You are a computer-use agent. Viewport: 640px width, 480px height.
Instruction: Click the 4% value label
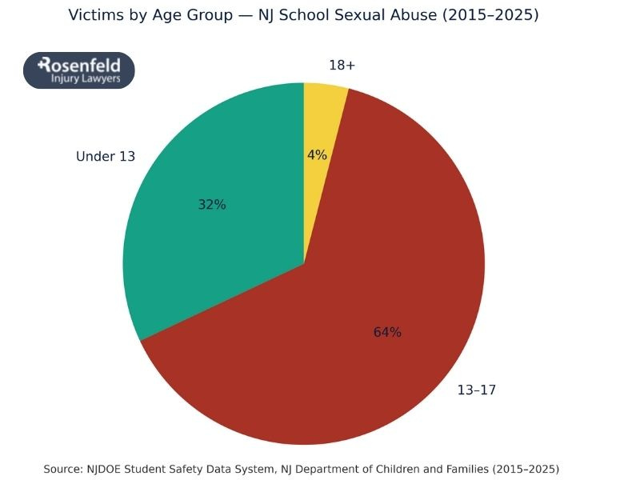317,155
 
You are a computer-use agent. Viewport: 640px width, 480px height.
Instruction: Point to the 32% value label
212,205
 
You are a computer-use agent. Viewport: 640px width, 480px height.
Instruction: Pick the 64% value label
387,332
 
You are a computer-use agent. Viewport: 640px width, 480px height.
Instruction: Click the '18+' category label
342,66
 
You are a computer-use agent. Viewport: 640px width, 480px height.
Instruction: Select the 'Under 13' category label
106,157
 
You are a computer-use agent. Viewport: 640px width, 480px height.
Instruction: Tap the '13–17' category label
477,390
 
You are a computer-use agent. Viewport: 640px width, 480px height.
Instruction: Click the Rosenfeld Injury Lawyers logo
78,70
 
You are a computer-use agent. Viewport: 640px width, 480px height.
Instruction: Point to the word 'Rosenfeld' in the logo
80,64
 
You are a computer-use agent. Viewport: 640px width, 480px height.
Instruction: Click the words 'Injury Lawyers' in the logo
86,79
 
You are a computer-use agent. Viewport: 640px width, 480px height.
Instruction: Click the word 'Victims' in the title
96,15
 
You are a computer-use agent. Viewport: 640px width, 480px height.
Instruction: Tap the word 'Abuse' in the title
421,15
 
